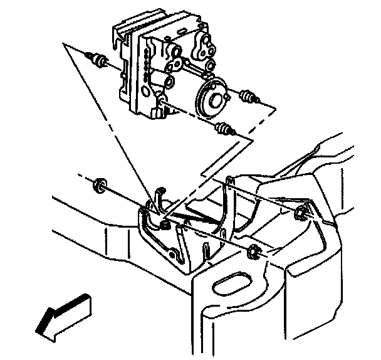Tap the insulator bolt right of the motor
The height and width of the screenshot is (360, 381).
[x=249, y=98]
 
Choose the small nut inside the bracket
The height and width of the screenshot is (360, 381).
[x=165, y=223]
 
